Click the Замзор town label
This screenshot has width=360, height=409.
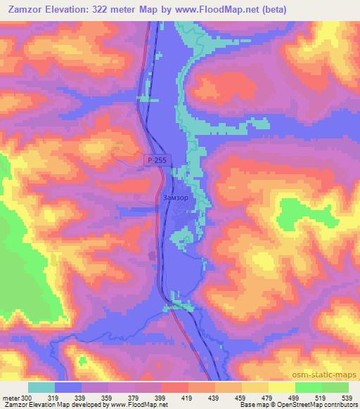[175, 198]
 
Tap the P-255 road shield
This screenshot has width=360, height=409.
[157, 161]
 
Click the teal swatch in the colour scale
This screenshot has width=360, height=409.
[41, 387]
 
